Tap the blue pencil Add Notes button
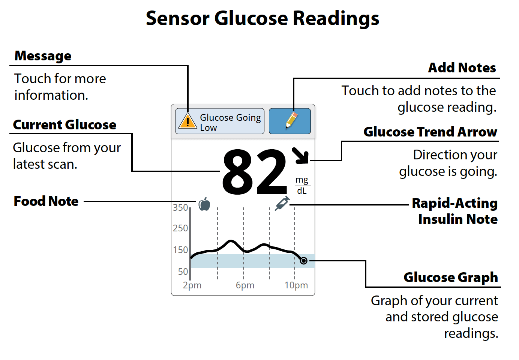click(x=290, y=121)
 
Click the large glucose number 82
click(x=255, y=172)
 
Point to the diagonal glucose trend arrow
click(x=300, y=156)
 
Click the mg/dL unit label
click(x=302, y=185)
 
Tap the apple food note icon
click(x=204, y=204)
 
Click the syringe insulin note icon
click(x=282, y=203)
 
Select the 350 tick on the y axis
click(x=180, y=207)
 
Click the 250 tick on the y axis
click(x=180, y=228)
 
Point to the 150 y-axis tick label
click(x=180, y=250)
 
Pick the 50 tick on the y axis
click(x=183, y=271)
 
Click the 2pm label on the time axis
click(x=192, y=285)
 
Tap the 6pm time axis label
click(x=245, y=285)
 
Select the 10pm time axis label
click(x=296, y=285)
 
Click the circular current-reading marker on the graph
click(x=304, y=261)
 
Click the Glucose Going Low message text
click(x=230, y=122)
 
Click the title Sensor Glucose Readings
click(x=262, y=18)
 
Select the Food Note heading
click(x=46, y=201)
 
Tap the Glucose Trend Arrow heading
click(x=430, y=132)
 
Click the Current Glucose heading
click(x=64, y=125)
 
